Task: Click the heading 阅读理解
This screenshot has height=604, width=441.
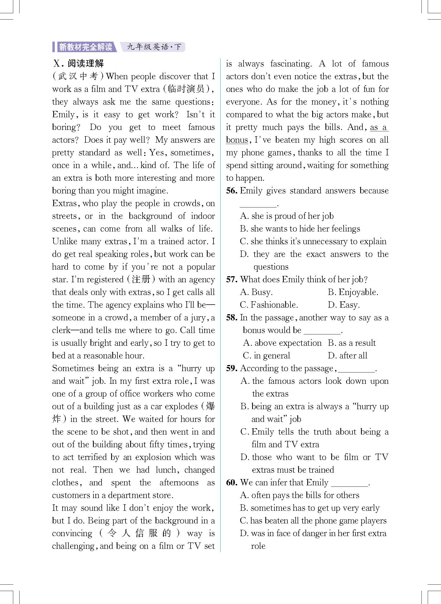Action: point(85,64)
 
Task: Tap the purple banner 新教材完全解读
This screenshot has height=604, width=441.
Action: point(85,47)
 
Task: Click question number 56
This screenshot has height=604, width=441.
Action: point(231,191)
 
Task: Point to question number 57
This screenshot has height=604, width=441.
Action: point(231,280)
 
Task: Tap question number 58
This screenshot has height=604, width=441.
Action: point(231,318)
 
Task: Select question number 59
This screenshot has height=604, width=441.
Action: point(231,368)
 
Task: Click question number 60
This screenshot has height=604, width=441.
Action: point(231,483)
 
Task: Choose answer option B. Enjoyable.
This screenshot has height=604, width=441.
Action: point(353,292)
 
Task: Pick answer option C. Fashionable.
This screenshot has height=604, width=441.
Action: point(269,305)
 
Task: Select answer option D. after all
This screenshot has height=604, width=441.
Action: point(348,356)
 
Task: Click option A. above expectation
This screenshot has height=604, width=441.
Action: point(282,343)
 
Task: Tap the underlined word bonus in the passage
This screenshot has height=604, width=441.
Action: point(237,140)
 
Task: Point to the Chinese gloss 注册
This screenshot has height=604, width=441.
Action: point(141,280)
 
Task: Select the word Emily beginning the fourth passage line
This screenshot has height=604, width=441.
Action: point(63,115)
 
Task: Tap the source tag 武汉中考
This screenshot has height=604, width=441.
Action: point(78,76)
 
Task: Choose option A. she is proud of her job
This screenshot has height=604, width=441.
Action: point(287,216)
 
